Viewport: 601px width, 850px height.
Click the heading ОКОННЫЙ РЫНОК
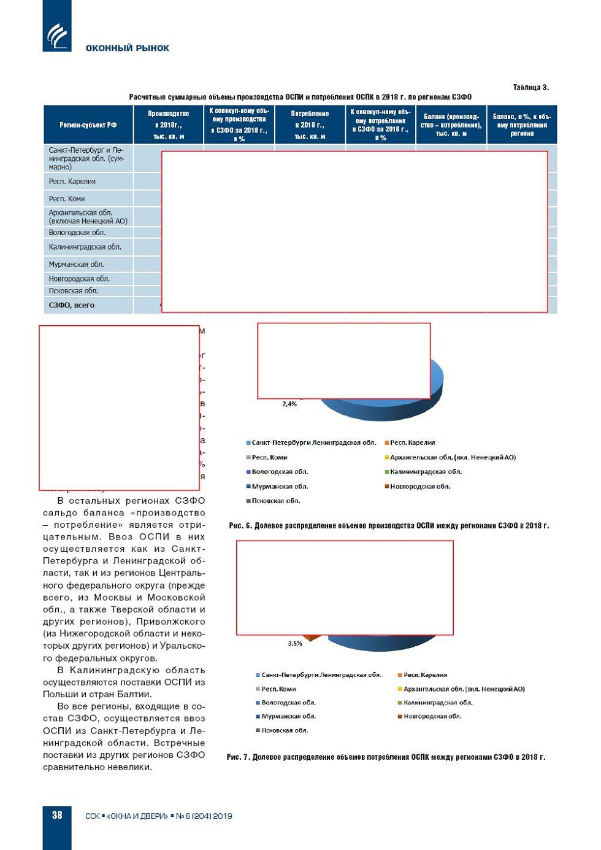point(127,48)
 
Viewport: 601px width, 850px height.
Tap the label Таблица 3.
point(530,87)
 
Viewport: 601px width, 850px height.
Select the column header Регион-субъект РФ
point(88,125)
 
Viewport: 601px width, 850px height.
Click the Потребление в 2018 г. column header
point(310,125)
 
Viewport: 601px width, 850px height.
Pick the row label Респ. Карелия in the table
point(72,182)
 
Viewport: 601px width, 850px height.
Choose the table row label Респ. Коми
point(67,199)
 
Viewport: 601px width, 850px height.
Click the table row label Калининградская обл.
point(85,247)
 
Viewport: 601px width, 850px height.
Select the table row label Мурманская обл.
point(77,265)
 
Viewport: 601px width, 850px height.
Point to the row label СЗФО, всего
point(72,305)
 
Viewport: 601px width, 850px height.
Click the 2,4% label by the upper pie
point(289,404)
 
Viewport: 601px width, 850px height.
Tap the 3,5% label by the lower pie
point(295,643)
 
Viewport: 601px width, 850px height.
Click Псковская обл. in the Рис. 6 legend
point(276,501)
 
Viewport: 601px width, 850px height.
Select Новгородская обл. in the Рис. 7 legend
point(432,716)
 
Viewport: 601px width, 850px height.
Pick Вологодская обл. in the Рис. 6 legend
point(280,472)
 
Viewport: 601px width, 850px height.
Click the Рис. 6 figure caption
point(389,525)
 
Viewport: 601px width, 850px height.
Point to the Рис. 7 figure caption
point(386,757)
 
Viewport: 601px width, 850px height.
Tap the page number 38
point(57,815)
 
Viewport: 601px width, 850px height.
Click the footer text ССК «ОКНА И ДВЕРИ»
point(126,816)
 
